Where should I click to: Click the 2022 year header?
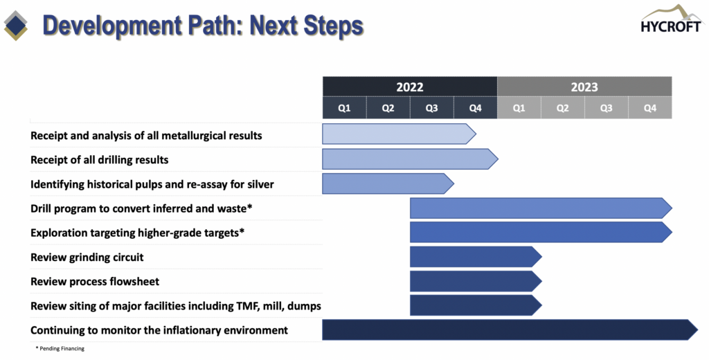click(410, 87)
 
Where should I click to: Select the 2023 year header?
click(584, 87)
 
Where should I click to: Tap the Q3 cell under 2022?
click(432, 108)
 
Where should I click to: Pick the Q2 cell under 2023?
click(562, 108)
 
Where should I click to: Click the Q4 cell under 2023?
click(650, 108)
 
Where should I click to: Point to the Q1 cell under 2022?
click(345, 108)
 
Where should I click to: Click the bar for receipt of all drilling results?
click(410, 159)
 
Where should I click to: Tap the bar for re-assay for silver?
click(388, 183)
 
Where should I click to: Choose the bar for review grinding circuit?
click(476, 257)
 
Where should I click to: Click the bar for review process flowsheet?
click(476, 281)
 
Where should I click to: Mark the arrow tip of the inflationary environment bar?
click(698, 330)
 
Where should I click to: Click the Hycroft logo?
click(671, 19)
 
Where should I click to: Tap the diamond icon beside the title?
click(16, 26)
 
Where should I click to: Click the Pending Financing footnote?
click(60, 349)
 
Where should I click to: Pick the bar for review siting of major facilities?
click(476, 306)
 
